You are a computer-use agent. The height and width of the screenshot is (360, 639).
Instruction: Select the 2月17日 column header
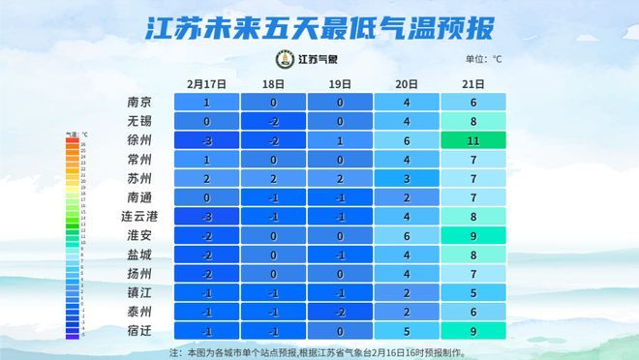coord(206,84)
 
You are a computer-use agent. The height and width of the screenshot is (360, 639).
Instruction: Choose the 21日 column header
coord(473,84)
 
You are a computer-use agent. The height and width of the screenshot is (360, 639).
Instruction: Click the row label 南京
coord(138,103)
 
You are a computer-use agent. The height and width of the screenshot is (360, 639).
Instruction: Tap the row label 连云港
coord(138,216)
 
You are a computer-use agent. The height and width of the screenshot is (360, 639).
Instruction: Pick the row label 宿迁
coord(138,330)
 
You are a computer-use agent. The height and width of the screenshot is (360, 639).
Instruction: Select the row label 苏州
coord(138,178)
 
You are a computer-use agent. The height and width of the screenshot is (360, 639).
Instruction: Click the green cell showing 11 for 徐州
coord(473,140)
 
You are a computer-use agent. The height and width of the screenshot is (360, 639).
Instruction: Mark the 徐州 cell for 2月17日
coord(206,140)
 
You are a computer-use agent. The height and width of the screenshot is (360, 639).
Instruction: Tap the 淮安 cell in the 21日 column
coord(473,235)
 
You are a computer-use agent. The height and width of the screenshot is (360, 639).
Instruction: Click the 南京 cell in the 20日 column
coord(407,103)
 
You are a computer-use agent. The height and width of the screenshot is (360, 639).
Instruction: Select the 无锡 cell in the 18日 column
coord(273,122)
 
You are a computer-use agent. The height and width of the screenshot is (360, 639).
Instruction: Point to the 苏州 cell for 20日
coord(407,178)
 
